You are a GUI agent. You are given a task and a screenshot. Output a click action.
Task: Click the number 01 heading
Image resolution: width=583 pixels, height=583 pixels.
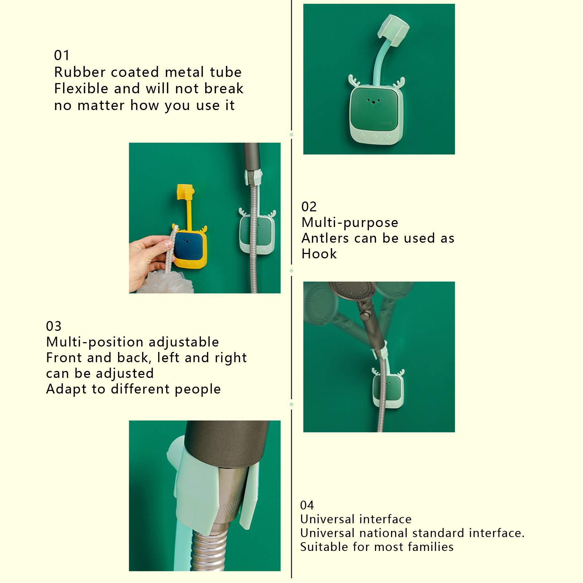pos(62,55)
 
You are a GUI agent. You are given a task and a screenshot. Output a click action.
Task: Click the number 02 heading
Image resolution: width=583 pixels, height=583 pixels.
pos(309,207)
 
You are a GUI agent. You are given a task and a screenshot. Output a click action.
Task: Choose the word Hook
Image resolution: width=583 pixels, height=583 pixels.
pos(319,254)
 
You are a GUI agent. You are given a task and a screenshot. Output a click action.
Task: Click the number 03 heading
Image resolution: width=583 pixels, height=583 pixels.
pos(54,326)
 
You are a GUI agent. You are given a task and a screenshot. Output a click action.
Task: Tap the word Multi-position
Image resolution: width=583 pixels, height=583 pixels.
pos(95,343)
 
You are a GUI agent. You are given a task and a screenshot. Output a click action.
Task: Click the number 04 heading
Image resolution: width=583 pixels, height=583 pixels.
pos(307,505)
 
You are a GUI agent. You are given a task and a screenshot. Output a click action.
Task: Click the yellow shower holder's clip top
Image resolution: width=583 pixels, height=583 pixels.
pos(185,192)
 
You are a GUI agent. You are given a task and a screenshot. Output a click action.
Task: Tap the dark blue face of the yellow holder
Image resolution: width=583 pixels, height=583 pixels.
pos(188,244)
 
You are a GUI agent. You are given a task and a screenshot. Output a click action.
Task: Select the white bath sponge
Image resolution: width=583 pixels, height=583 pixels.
pos(166,283)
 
